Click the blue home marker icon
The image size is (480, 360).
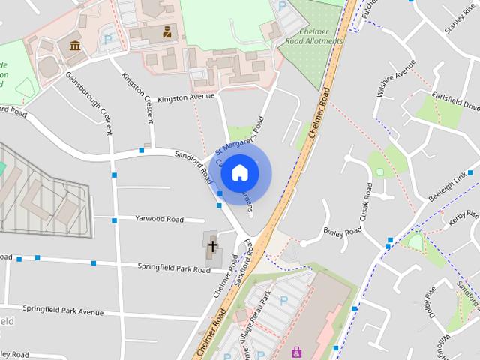click(239, 172)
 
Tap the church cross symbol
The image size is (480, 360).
click(212, 245)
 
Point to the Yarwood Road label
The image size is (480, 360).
click(159, 219)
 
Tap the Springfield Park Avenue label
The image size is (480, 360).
click(63, 309)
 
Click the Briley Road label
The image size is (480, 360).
click(342, 232)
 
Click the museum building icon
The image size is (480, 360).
click(75, 46)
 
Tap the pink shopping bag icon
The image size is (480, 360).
click(297, 351)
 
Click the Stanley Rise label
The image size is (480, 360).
click(460, 19)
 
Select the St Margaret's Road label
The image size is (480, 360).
click(241, 135)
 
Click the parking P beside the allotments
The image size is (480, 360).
click(282, 6)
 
